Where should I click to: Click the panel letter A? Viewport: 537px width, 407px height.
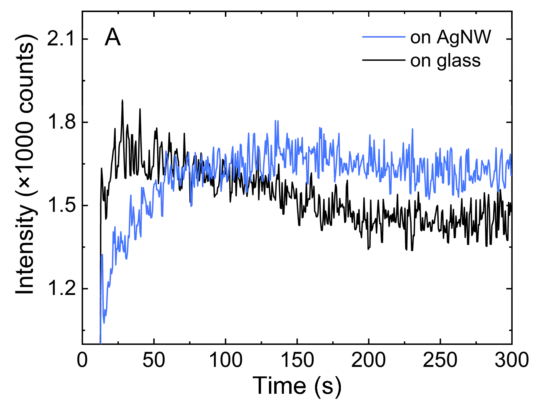click(x=113, y=38)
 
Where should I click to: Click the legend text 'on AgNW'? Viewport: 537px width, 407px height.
click(x=450, y=37)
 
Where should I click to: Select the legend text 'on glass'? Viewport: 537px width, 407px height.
click(x=445, y=61)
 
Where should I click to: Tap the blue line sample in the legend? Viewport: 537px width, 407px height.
click(x=383, y=37)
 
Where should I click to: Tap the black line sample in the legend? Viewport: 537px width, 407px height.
click(x=383, y=60)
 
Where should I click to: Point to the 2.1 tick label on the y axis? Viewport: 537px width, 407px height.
click(x=61, y=39)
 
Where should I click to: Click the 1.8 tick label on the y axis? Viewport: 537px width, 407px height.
click(x=61, y=122)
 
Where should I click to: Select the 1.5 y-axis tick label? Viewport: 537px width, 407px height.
click(x=61, y=205)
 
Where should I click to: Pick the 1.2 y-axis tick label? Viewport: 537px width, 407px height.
click(x=61, y=288)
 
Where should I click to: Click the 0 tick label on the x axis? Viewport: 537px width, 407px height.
click(x=82, y=360)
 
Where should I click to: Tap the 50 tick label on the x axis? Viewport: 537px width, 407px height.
click(x=154, y=360)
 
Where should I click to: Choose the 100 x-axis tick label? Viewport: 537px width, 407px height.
click(x=225, y=360)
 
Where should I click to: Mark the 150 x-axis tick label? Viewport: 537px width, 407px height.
click(x=297, y=360)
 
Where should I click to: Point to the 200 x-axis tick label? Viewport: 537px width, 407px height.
click(x=368, y=360)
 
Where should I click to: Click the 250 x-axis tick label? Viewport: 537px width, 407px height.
click(x=440, y=360)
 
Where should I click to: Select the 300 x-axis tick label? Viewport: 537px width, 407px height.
click(x=511, y=360)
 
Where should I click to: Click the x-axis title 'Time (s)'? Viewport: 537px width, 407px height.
click(x=297, y=386)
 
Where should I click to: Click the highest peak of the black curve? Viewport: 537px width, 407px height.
click(x=122, y=101)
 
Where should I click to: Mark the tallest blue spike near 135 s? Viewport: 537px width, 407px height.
click(x=275, y=121)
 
